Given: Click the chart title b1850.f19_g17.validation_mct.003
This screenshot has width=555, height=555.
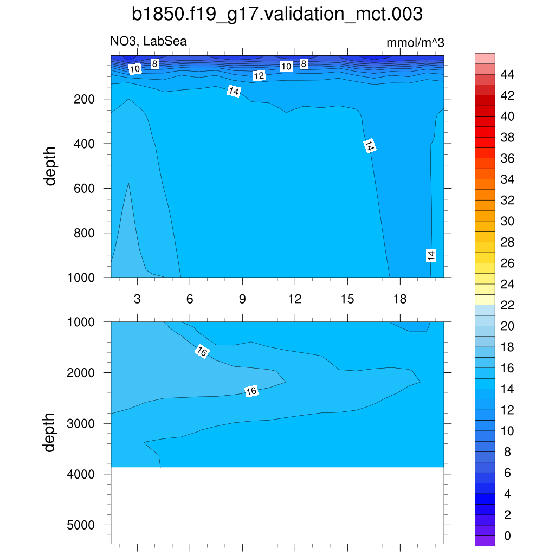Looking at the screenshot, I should pyautogui.click(x=277, y=14).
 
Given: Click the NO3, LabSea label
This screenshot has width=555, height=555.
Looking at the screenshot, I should pyautogui.click(x=149, y=42).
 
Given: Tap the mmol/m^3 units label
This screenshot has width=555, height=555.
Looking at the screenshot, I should pyautogui.click(x=415, y=43).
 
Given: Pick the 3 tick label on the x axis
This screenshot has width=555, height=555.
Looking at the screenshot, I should pyautogui.click(x=137, y=299).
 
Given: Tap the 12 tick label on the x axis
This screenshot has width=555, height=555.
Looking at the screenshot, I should pyautogui.click(x=295, y=299).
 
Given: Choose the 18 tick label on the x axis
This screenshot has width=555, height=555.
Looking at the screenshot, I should pyautogui.click(x=400, y=299).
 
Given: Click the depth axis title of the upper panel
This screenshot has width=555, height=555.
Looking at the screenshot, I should pyautogui.click(x=50, y=166).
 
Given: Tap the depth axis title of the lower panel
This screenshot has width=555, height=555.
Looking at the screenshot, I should pyautogui.click(x=50, y=432).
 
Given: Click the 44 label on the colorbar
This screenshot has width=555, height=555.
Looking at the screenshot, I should pyautogui.click(x=507, y=74).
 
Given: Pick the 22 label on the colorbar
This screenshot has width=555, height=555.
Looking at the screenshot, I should pyautogui.click(x=507, y=305).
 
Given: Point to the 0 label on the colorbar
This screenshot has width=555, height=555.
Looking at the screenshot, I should pyautogui.click(x=507, y=536).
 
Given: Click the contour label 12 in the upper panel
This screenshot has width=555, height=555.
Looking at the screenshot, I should pyautogui.click(x=259, y=76).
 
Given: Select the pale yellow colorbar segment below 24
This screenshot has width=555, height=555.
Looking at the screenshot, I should pyautogui.click(x=485, y=299).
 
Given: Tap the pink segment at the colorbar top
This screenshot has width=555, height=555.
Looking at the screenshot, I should pyautogui.click(x=485, y=58).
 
